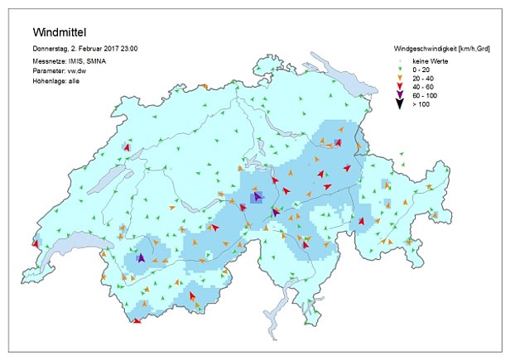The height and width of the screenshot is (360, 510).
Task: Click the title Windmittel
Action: (x=60, y=33)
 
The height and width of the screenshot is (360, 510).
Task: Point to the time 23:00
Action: (x=127, y=50)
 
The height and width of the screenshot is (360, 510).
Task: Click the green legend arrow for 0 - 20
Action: (x=397, y=70)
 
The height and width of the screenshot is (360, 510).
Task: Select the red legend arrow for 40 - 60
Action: (x=397, y=87)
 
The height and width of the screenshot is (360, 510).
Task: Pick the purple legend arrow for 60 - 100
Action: (x=397, y=96)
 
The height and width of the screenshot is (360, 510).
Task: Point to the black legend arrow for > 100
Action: (x=397, y=105)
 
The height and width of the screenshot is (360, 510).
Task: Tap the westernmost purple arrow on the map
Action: (x=141, y=258)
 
